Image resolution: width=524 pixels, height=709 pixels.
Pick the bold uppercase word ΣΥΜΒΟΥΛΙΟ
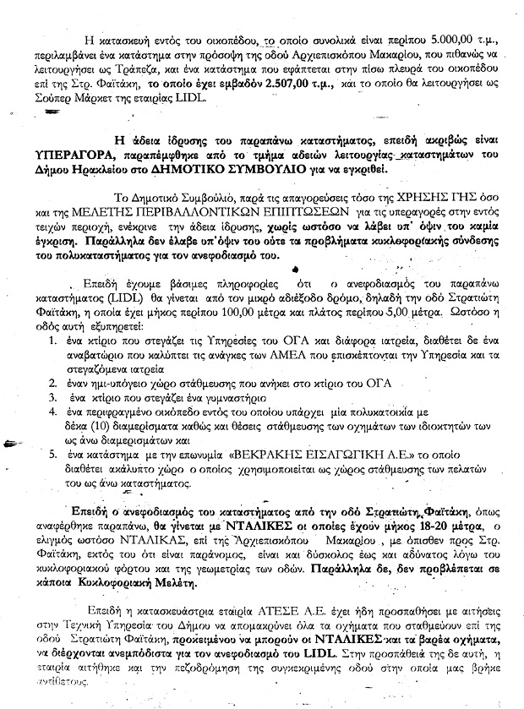click(290, 171)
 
